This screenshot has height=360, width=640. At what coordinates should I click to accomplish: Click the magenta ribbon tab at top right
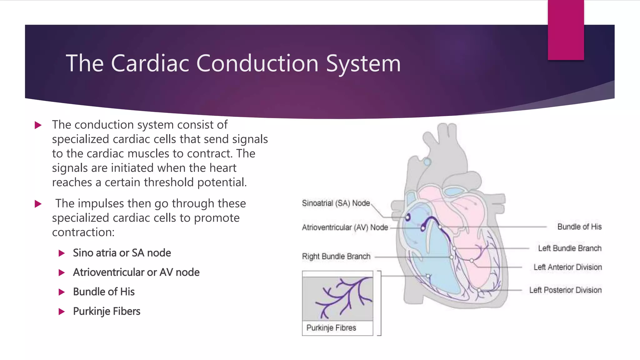point(566,30)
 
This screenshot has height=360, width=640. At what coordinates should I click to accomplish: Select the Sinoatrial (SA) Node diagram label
point(336,203)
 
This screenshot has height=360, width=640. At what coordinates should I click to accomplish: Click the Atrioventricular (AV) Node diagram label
point(345,227)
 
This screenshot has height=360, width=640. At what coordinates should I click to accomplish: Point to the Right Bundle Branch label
point(336,257)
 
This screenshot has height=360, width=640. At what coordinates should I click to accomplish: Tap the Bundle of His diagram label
point(579,227)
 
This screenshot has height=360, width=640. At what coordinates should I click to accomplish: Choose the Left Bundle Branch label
point(569,248)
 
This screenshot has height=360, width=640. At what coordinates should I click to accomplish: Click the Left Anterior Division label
point(567,267)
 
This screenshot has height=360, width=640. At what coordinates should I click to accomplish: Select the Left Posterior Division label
point(565,290)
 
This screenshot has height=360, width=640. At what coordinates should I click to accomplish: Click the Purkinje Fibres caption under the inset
point(331,328)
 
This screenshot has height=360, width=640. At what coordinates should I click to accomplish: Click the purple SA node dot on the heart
point(408,217)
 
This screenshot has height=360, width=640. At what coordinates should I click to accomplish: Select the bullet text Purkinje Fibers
point(107,311)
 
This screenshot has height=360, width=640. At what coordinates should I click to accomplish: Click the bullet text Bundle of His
point(104,292)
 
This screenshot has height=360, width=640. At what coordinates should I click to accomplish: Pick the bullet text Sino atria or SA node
point(122,253)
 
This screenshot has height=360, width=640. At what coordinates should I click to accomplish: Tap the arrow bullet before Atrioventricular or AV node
point(62,272)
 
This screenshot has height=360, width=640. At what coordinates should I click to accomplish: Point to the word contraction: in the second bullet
point(83,232)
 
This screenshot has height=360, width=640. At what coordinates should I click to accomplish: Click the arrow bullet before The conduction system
point(38,125)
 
